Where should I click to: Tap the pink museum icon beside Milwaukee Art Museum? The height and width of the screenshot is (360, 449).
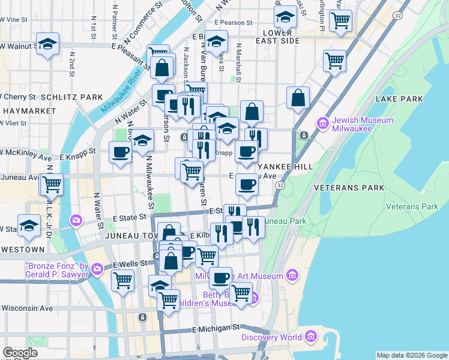292,276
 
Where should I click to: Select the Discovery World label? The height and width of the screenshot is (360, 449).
272,337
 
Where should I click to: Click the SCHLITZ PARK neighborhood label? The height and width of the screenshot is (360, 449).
71,97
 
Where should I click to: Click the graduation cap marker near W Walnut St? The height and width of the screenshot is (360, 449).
47,45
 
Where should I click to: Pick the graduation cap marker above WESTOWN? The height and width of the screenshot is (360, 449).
29,226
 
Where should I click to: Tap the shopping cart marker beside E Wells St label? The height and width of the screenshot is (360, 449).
123,280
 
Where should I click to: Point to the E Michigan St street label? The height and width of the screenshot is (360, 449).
215,328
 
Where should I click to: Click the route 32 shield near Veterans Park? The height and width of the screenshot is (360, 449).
280,187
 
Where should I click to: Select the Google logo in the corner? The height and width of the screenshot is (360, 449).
20,353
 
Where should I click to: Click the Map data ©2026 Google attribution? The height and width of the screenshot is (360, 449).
412,355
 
